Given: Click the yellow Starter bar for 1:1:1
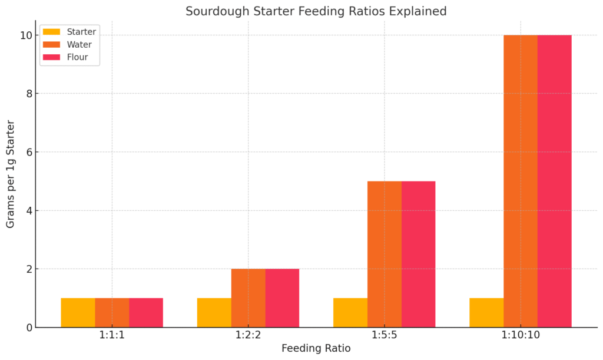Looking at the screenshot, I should tap(78, 313).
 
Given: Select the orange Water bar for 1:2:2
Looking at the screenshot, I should tap(248, 298).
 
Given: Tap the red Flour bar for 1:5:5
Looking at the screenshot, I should tap(418, 254).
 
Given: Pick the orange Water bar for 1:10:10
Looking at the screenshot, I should tap(521, 181).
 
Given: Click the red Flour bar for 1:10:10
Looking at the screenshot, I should tap(555, 181).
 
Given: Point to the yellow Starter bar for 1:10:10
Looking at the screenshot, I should tap(486, 313).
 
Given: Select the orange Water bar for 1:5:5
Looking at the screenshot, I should tap(385, 254).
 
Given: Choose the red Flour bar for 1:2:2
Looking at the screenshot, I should tap(282, 298).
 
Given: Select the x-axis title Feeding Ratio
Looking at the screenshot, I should tap(316, 348).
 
